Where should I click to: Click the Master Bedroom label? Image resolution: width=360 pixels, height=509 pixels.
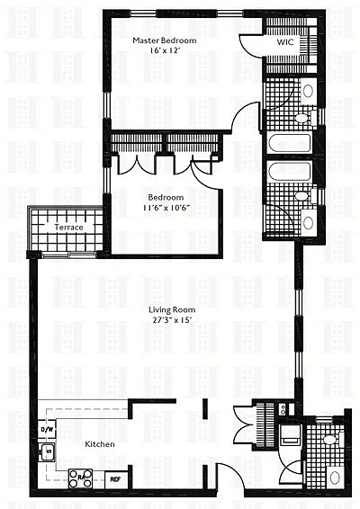165,40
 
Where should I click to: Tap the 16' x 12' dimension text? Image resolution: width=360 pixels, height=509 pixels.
165,50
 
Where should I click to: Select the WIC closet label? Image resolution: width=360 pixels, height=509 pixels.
285,42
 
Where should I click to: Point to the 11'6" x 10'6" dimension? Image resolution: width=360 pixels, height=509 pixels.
166,208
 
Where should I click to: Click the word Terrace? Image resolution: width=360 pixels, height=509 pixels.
68,228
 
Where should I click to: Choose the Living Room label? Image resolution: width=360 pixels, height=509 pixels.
172,309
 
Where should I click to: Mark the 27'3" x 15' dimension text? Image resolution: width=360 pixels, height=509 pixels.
172,320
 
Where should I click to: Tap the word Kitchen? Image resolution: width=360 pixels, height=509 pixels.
100,444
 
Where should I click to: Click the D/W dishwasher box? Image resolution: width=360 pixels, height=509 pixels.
47,430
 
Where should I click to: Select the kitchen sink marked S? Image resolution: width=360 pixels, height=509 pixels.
48,451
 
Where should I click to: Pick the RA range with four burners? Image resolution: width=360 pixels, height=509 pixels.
80,478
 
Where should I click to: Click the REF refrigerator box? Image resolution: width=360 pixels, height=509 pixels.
115,479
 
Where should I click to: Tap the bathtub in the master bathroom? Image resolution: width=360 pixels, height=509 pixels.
290,143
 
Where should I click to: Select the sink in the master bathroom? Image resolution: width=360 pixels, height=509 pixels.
308,91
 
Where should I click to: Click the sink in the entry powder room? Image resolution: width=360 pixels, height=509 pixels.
335,478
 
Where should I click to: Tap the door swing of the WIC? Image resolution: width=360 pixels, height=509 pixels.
249,46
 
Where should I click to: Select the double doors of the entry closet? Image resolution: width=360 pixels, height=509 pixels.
243,426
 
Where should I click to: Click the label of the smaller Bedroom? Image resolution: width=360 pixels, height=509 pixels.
166,197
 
